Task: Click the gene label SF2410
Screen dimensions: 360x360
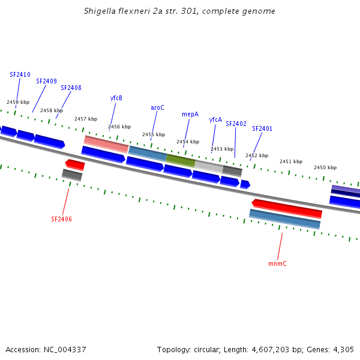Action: tap(20, 74)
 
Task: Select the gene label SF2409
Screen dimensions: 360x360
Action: tap(46, 81)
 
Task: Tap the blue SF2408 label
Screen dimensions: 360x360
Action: tap(71, 88)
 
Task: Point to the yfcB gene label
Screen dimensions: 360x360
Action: tap(116, 98)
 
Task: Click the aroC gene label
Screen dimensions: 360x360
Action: tap(157, 107)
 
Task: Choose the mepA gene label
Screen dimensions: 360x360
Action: tap(190, 114)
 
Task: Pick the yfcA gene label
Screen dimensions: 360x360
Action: tap(215, 119)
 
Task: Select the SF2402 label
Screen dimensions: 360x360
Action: tap(236, 124)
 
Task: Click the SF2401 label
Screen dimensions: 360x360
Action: tap(262, 128)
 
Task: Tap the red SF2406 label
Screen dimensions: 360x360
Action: tap(61, 219)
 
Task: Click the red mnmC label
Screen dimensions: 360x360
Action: tap(277, 263)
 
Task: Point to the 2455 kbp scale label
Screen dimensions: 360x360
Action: tap(153, 134)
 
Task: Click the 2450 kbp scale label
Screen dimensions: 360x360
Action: tap(325, 167)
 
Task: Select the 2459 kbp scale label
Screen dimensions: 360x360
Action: tap(17, 102)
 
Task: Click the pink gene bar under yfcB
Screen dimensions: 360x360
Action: tap(106, 144)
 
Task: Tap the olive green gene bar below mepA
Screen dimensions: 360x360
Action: tap(181, 160)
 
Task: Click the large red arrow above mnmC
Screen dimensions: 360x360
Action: tap(287, 208)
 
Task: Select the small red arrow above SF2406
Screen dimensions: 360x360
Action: tap(75, 164)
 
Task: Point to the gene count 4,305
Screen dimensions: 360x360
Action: tap(343, 349)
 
